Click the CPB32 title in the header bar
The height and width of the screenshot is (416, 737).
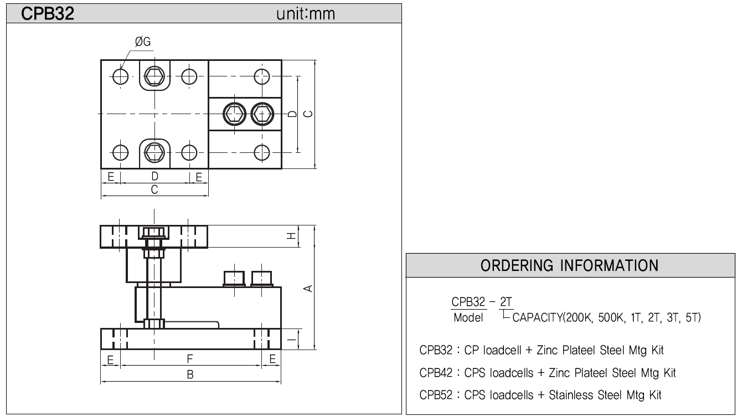pyautogui.click(x=48, y=14)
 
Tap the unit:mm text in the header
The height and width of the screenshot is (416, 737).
pyautogui.click(x=306, y=14)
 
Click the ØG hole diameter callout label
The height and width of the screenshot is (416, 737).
pyautogui.click(x=143, y=42)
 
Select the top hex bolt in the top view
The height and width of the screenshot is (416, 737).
pyautogui.click(x=154, y=76)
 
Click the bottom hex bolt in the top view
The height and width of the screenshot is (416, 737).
pyautogui.click(x=154, y=152)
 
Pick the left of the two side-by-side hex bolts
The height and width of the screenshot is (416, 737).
pyautogui.click(x=234, y=114)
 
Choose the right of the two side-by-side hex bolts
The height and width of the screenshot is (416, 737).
pyautogui.click(x=262, y=114)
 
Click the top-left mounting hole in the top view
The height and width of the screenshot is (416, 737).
pyautogui.click(x=120, y=76)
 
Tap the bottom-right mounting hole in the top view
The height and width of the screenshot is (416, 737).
pyautogui.click(x=262, y=153)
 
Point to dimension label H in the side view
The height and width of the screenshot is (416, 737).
pyautogui.click(x=291, y=235)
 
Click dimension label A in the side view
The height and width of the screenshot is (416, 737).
pyautogui.click(x=308, y=289)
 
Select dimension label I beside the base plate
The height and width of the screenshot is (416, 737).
pyautogui.click(x=291, y=339)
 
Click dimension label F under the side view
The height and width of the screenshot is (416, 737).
pyautogui.click(x=190, y=359)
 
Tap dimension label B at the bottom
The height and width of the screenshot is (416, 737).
pyautogui.click(x=190, y=374)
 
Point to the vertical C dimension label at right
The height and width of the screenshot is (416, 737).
pyautogui.click(x=308, y=114)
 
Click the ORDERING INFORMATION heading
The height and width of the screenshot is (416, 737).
pyautogui.click(x=570, y=265)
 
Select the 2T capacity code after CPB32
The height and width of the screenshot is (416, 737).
pyautogui.click(x=506, y=301)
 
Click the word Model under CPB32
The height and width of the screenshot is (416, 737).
pyautogui.click(x=468, y=317)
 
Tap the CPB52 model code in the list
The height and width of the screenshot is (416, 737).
pyautogui.click(x=436, y=395)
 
